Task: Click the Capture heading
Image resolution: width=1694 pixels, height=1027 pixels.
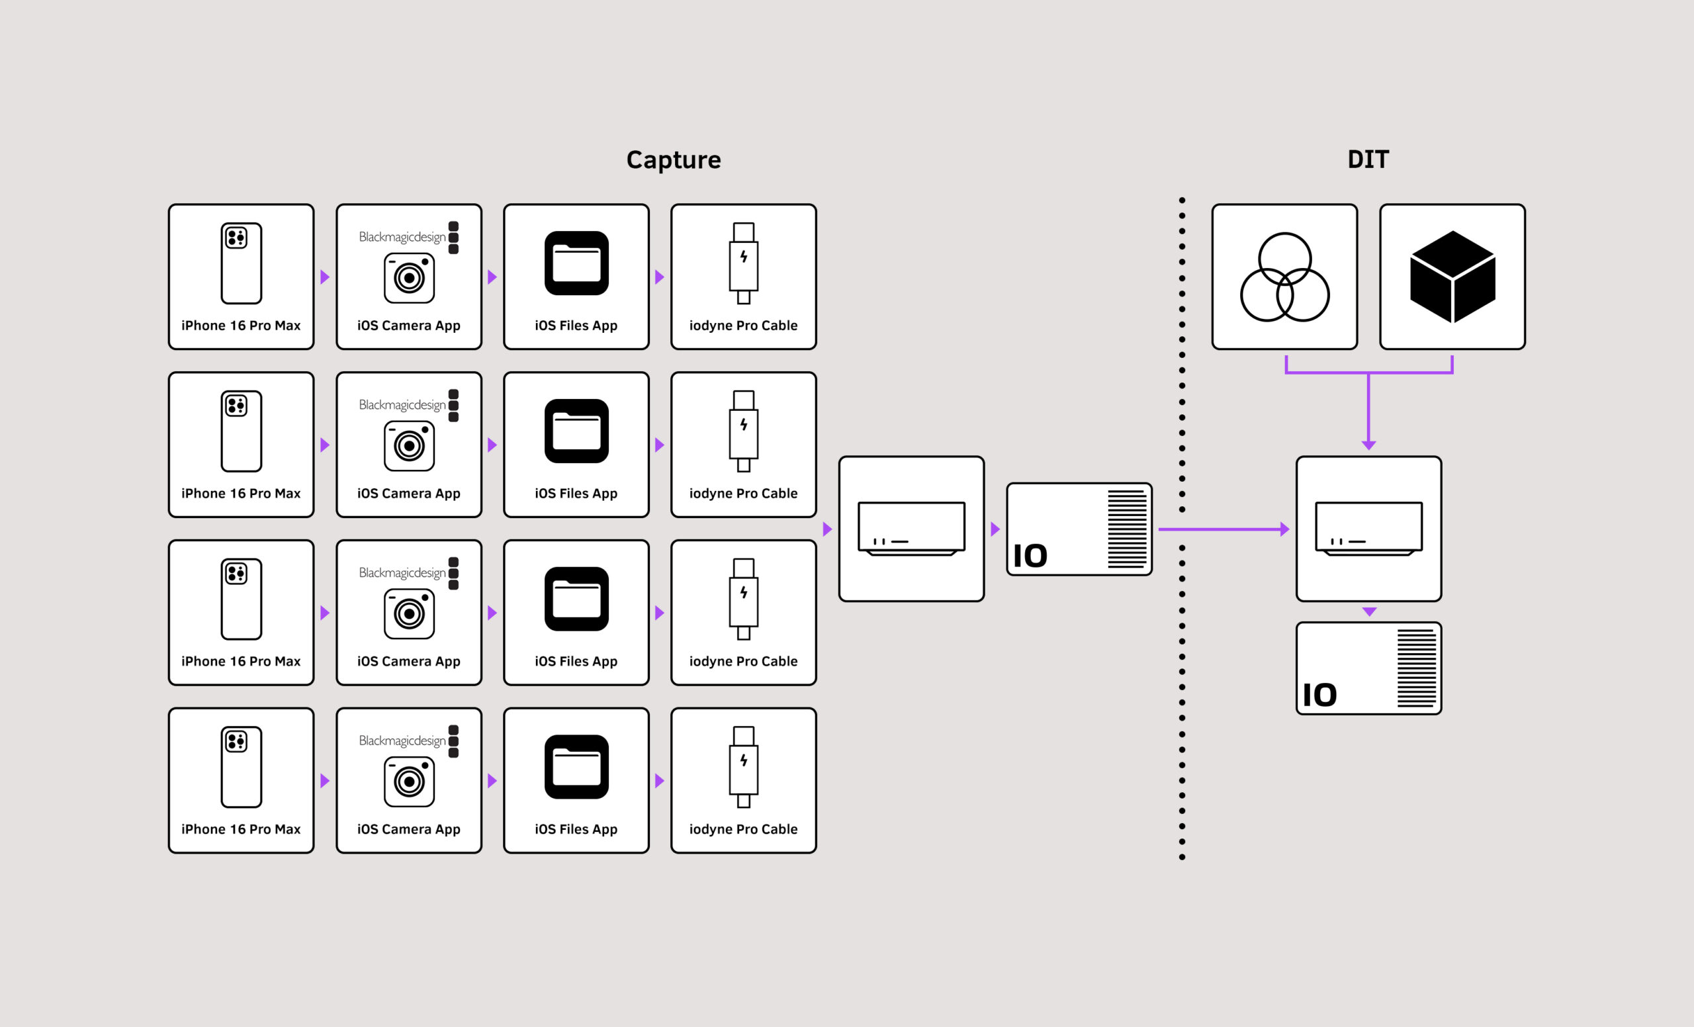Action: pyautogui.click(x=673, y=160)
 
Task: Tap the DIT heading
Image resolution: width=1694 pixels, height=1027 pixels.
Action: pyautogui.click(x=1367, y=159)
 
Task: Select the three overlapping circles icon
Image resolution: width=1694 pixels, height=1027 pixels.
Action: pyautogui.click(x=1284, y=277)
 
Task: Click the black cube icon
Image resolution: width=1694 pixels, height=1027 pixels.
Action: pyautogui.click(x=1452, y=277)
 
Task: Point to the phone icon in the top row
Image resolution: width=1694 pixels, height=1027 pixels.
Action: pyautogui.click(x=242, y=263)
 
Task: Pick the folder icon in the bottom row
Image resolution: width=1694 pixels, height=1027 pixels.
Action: pyautogui.click(x=576, y=766)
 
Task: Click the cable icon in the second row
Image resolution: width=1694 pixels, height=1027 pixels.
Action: pyautogui.click(x=743, y=431)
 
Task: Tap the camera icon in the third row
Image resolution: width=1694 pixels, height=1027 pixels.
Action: pyautogui.click(x=409, y=613)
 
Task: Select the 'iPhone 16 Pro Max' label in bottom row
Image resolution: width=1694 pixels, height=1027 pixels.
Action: pyautogui.click(x=241, y=829)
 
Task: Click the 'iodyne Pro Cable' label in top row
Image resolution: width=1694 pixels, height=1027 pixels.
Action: pyautogui.click(x=743, y=326)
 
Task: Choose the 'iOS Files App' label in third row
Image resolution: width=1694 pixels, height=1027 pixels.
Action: pyautogui.click(x=576, y=661)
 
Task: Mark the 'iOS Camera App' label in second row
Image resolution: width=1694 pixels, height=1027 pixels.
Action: pyautogui.click(x=408, y=494)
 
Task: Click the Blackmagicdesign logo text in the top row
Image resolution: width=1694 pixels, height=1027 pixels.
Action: pyautogui.click(x=402, y=237)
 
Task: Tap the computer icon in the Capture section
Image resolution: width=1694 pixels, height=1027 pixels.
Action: pyautogui.click(x=911, y=529)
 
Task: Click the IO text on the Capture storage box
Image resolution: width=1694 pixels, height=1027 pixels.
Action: pyautogui.click(x=1030, y=556)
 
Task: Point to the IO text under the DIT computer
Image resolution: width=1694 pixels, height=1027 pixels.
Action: pyautogui.click(x=1319, y=695)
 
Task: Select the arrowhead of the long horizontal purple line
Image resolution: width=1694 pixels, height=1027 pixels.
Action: pyautogui.click(x=1284, y=529)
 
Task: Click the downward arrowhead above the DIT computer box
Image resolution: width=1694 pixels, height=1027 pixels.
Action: pyautogui.click(x=1368, y=445)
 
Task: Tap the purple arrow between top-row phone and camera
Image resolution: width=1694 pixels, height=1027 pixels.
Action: pyautogui.click(x=325, y=277)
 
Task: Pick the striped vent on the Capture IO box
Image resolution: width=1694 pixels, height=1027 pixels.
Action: pyautogui.click(x=1127, y=529)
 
